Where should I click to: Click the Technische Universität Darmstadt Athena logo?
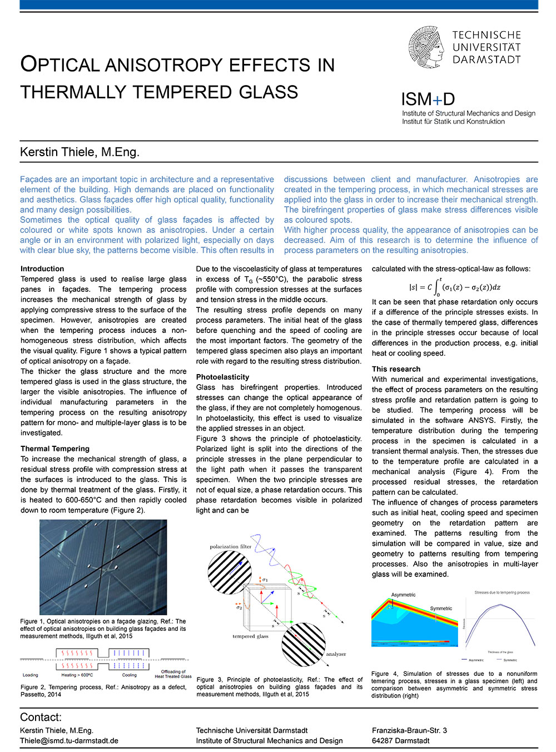click(x=426, y=47)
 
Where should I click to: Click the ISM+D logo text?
click(x=428, y=99)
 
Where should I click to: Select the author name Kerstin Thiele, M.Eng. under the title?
click(x=80, y=152)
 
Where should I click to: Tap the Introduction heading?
click(x=42, y=269)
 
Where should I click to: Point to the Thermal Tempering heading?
click(x=55, y=449)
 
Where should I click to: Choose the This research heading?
click(x=396, y=369)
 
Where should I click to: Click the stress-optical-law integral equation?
click(x=455, y=287)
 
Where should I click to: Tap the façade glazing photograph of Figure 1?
click(x=103, y=567)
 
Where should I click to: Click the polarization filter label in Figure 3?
click(x=231, y=547)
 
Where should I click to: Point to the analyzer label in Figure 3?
click(x=336, y=654)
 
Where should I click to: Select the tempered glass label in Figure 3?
click(x=250, y=636)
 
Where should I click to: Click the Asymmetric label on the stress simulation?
click(x=403, y=595)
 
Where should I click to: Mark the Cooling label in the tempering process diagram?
click(x=129, y=675)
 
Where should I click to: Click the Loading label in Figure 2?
click(x=31, y=675)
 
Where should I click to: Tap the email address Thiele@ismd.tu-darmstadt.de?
click(x=69, y=740)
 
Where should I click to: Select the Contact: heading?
click(x=41, y=718)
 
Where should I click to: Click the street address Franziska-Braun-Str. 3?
click(x=409, y=730)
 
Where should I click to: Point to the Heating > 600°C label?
click(x=77, y=675)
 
